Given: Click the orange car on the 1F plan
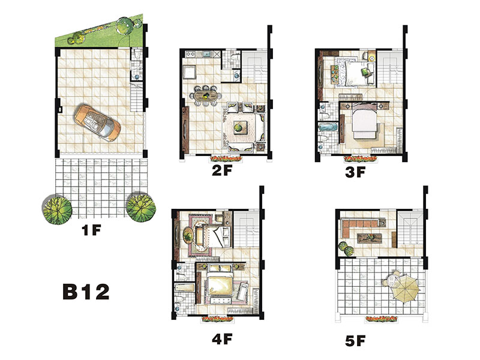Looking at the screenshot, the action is coord(97,123).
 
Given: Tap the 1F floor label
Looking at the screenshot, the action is coord(91,230).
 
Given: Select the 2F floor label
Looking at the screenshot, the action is coord(222,170).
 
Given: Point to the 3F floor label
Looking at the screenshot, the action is coord(355,172).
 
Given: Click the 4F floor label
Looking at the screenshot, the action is coord(222,339).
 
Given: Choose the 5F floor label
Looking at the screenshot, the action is coord(355,341).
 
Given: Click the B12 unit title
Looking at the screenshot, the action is coord(86,292).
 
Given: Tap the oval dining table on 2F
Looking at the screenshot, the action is coord(207,96).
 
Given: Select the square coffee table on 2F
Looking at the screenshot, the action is coord(238,127).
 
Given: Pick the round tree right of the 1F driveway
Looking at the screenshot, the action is coord(141,208).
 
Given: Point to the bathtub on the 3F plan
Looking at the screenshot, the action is coord(328,128).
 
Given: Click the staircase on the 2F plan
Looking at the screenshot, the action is coord(254,67).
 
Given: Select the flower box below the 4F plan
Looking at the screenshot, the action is coord(217,319).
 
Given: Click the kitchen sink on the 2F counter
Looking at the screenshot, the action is coord(207,55).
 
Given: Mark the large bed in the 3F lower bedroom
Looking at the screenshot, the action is coord(364,122).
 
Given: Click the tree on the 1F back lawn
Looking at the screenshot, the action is coord(125,25).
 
